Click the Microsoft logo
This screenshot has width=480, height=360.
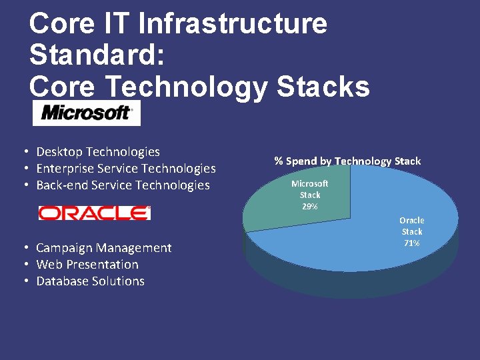(87, 113)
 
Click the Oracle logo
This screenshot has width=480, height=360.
(95, 213)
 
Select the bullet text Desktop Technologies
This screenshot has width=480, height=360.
(98, 152)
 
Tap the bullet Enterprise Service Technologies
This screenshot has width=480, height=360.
(126, 169)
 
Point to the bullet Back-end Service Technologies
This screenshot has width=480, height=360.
(123, 185)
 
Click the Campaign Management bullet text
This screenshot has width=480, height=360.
(103, 248)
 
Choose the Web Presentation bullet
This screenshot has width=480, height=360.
(87, 265)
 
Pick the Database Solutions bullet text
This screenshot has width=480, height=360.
(90, 281)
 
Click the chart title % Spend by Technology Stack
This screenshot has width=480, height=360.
(347, 161)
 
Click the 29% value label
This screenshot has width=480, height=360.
(310, 207)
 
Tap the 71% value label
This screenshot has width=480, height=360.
(411, 243)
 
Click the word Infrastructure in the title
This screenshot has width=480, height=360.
(233, 23)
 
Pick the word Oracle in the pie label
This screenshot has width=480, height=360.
(411, 220)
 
